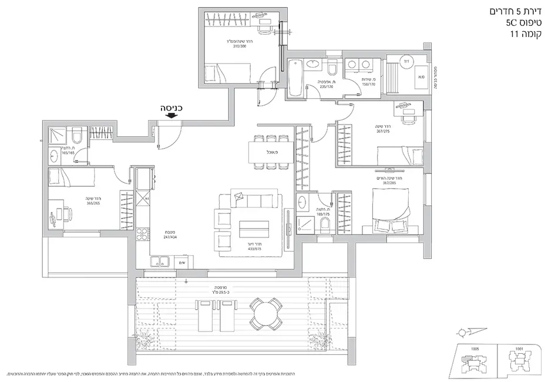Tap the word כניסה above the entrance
tap(172, 108)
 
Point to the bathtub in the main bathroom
tap(296, 81)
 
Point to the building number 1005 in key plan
tap(475, 349)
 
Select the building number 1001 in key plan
tap(519, 349)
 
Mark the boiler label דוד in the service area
tap(405, 61)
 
